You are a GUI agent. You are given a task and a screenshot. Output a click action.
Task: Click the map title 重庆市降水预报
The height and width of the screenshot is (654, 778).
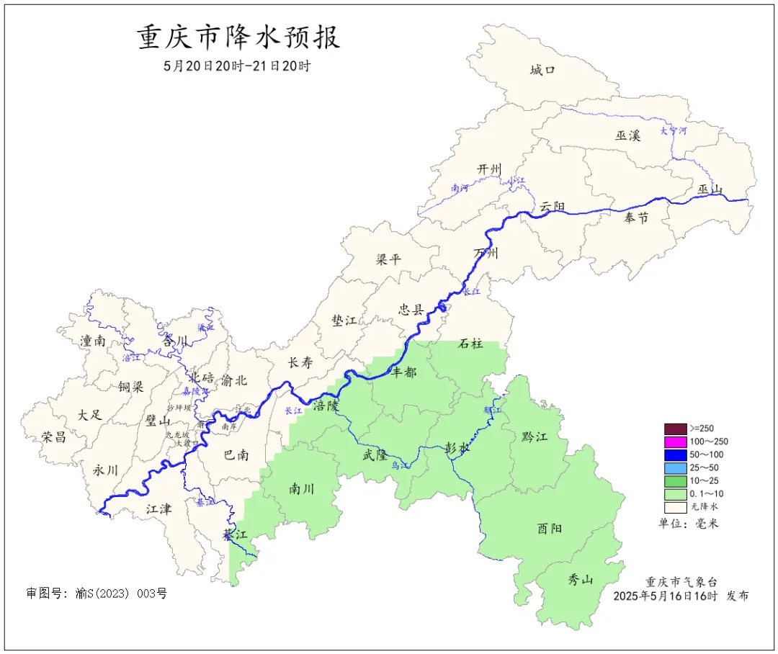238,38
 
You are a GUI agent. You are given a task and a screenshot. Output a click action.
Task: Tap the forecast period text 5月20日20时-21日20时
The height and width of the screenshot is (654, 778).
237,66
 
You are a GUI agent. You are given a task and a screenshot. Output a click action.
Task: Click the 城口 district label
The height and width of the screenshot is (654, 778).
542,70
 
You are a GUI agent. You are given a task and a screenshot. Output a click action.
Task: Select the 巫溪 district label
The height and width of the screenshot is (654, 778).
627,135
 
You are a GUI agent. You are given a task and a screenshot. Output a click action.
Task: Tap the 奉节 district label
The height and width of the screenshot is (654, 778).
636,218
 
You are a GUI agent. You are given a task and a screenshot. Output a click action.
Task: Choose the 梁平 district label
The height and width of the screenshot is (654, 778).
388,259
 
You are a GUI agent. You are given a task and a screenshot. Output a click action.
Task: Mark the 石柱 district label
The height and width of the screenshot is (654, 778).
472,344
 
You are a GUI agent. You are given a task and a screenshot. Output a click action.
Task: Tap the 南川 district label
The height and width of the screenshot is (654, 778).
301,489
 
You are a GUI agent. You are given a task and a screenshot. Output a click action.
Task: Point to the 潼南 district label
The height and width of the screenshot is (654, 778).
92,341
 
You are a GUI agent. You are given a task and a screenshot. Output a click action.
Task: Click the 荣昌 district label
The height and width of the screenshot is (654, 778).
53,436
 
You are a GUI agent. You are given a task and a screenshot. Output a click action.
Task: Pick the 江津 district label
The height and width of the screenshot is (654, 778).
158,509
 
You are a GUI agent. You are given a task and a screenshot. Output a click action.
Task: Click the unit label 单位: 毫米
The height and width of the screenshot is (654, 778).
688,523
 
